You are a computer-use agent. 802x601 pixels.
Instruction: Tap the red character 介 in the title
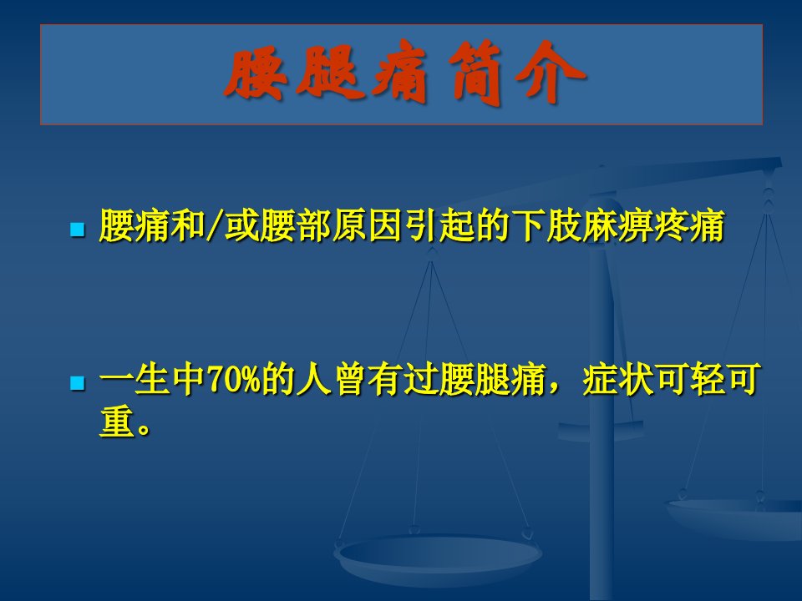pyautogui.click(x=551, y=73)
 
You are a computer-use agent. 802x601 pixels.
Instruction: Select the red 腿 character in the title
pyautogui.click(x=331, y=73)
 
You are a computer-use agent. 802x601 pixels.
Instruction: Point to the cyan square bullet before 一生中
pyautogui.click(x=77, y=383)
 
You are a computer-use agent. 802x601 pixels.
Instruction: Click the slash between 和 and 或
pyautogui.click(x=215, y=225)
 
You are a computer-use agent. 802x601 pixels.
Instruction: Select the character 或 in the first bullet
pyautogui.click(x=241, y=225)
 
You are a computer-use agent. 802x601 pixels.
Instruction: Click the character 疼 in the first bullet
pyautogui.click(x=671, y=225)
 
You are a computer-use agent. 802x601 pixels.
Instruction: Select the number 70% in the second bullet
pyautogui.click(x=235, y=380)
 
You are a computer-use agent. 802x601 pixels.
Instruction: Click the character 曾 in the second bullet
pyautogui.click(x=352, y=380)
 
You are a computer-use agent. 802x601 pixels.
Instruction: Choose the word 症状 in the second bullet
pyautogui.click(x=618, y=380)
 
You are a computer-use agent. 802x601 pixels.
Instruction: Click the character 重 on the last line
pyautogui.click(x=117, y=422)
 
